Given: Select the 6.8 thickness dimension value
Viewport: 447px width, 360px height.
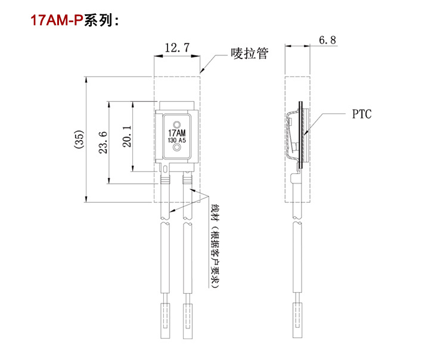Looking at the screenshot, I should click(x=328, y=41).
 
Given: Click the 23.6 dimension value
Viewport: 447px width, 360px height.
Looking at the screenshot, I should click(x=103, y=142).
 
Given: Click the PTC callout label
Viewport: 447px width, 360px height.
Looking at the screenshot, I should click(x=361, y=113).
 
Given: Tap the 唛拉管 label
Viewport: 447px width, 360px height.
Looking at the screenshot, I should click(x=250, y=53).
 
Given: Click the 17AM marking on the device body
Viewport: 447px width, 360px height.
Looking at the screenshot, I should click(x=177, y=132).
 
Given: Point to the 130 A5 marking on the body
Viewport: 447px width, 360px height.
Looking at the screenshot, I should click(x=177, y=141).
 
